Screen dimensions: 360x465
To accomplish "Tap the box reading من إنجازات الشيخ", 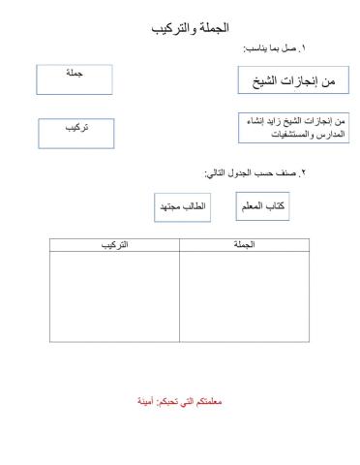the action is pyautogui.click(x=291, y=80).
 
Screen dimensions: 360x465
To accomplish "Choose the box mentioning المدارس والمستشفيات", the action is pyautogui.click(x=291, y=129).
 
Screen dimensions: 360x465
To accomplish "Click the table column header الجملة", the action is pyautogui.click(x=244, y=246).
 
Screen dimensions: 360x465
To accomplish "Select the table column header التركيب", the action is pyautogui.click(x=115, y=246).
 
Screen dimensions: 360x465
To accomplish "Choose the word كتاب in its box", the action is pyautogui.click(x=273, y=207).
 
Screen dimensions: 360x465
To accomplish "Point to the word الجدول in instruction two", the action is pyautogui.click(x=239, y=172).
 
